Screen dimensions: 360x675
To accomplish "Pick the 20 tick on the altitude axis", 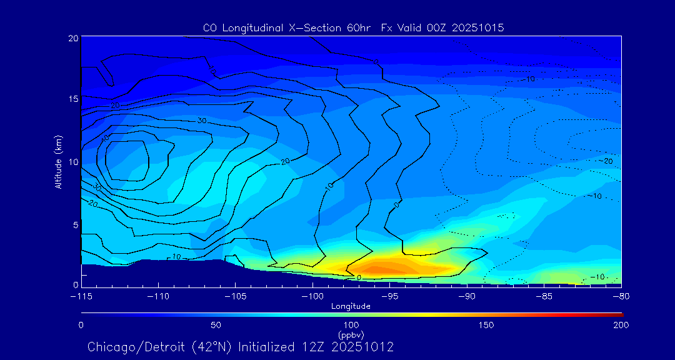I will pyautogui.click(x=72, y=38).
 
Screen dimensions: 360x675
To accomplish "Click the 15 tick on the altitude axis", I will pyautogui.click(x=72, y=99).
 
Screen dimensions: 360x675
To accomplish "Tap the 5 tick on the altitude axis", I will pyautogui.click(x=74, y=224).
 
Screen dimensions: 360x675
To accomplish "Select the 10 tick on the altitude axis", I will pyautogui.click(x=72, y=162).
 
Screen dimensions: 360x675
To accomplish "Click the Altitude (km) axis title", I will pyautogui.click(x=58, y=162).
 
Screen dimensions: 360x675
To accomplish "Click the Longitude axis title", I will pyautogui.click(x=351, y=306).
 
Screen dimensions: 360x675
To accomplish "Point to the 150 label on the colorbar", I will pyautogui.click(x=486, y=325).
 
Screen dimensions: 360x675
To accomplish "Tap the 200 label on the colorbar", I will pyautogui.click(x=621, y=325).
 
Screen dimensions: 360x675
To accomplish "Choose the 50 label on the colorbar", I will pyautogui.click(x=216, y=325).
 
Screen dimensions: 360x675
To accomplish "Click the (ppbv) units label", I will pyautogui.click(x=351, y=335).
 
